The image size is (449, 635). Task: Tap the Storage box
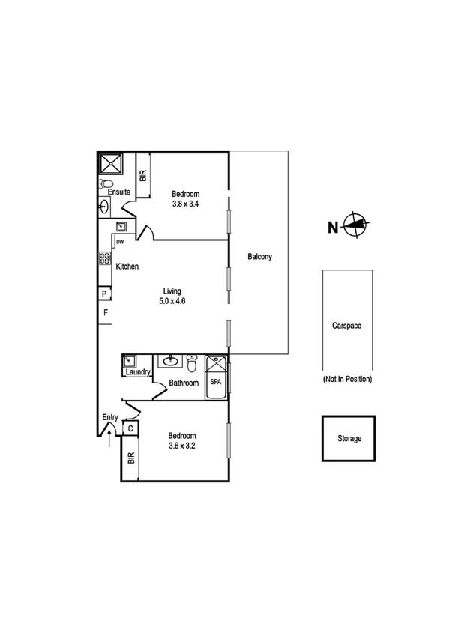click(x=349, y=438)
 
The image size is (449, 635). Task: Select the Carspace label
click(x=348, y=326)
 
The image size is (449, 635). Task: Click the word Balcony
click(x=259, y=257)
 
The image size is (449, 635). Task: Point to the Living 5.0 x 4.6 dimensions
click(x=171, y=301)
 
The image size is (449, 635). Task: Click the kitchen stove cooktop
click(x=104, y=259)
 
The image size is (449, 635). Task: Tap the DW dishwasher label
click(x=119, y=241)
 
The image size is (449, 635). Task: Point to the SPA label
click(x=216, y=381)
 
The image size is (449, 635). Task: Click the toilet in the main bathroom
click(x=192, y=364)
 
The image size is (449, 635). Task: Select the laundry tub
click(x=129, y=361)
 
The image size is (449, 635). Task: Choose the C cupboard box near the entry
click(x=130, y=428)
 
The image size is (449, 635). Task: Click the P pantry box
click(x=105, y=294)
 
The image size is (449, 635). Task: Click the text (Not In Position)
click(x=347, y=380)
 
